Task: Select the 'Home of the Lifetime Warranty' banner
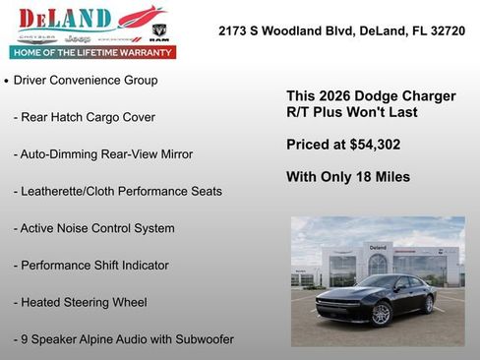click(x=91, y=52)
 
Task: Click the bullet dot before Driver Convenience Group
click(x=7, y=81)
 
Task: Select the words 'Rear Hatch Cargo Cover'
click(x=89, y=117)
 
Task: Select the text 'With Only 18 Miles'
click(x=347, y=177)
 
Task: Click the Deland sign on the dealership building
click(x=378, y=247)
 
